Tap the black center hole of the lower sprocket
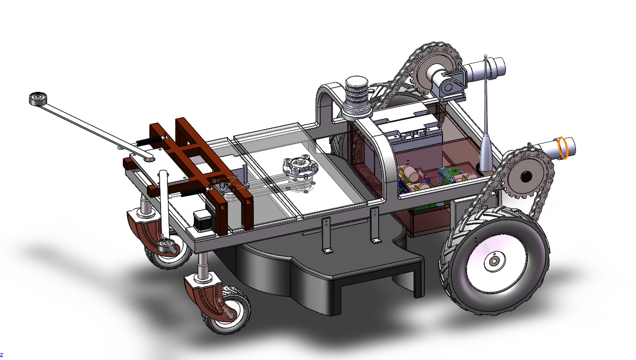point(526,177)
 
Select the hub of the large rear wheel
point(495,261)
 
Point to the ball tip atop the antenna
point(486,56)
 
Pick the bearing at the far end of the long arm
point(38,98)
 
